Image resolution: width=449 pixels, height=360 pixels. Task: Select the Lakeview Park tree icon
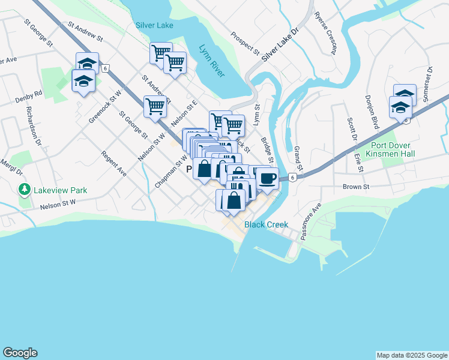pos(25,190)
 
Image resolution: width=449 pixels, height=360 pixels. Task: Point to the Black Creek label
pos(266,224)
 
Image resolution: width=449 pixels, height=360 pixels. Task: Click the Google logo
pos(20,353)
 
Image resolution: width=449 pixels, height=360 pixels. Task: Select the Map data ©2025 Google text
pos(411,355)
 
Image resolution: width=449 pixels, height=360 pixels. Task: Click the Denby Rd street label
pos(29,94)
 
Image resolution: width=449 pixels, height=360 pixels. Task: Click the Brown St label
pos(356,187)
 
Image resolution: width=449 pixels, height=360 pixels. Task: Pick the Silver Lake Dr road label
pos(280,45)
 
